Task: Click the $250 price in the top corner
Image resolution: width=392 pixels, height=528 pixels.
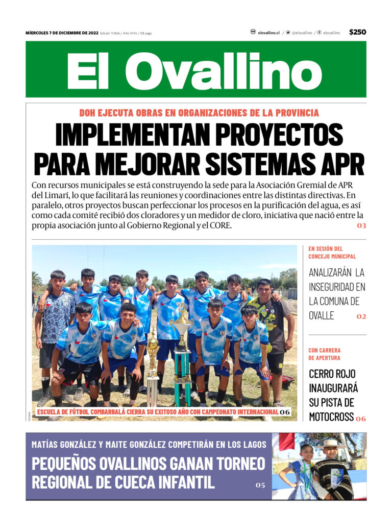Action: tap(357, 32)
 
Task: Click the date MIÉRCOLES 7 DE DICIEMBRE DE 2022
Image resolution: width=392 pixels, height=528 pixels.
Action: tap(62, 33)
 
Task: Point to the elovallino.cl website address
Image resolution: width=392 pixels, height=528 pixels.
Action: tap(268, 33)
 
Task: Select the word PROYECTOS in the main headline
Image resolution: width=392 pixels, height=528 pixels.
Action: tap(279, 134)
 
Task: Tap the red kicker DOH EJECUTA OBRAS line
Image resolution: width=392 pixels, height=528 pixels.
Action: tap(199, 113)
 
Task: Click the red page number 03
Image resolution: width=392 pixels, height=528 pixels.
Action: tap(361, 225)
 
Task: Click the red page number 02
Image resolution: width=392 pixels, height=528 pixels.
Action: tap(361, 316)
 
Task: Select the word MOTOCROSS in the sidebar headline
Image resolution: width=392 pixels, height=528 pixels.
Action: tap(331, 416)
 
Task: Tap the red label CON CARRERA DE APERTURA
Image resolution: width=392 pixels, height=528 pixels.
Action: tap(325, 354)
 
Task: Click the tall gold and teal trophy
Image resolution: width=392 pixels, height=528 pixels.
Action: tap(182, 353)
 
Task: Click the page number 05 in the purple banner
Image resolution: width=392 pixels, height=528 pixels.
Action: tap(260, 485)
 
